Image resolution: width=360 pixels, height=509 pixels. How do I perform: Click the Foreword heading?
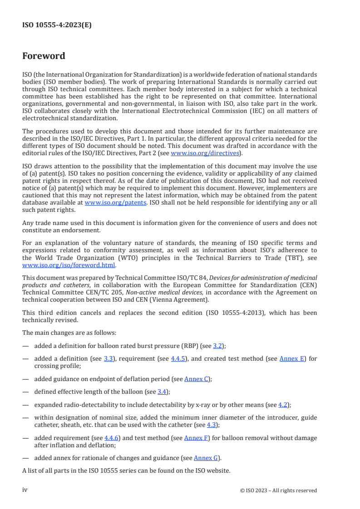click(44, 56)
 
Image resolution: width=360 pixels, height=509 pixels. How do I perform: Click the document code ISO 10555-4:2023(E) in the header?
click(57, 25)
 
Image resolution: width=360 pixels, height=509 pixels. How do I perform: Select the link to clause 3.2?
click(217, 346)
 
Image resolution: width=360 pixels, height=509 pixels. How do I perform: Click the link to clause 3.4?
click(162, 392)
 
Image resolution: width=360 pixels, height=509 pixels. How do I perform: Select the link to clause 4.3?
click(212, 425)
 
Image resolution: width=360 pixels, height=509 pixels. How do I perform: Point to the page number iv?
click(25, 490)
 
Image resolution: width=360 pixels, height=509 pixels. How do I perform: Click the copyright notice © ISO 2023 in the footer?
click(278, 490)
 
